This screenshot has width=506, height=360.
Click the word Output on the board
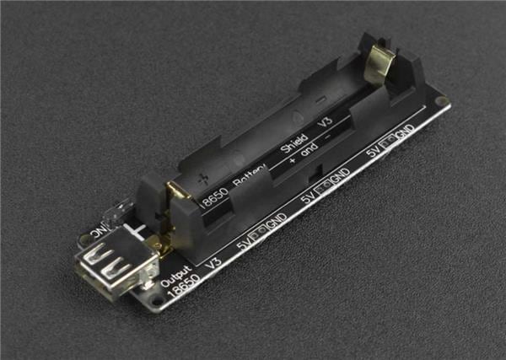click(176, 279)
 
